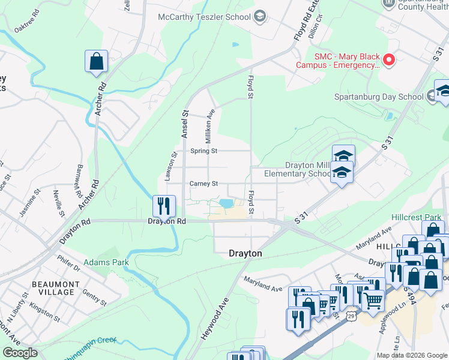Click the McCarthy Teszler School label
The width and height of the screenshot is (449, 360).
(203, 17)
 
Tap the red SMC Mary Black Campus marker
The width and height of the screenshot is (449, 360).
(388, 59)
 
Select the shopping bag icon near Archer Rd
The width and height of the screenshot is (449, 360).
(96, 61)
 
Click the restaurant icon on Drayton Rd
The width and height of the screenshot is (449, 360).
(164, 206)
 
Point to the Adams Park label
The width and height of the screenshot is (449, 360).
(98, 263)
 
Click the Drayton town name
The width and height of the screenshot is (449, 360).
(246, 254)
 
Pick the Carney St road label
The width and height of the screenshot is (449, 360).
(203, 184)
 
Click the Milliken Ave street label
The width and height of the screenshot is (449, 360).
(211, 121)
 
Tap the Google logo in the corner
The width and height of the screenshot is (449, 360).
(20, 353)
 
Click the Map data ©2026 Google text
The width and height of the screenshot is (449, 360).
(411, 355)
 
